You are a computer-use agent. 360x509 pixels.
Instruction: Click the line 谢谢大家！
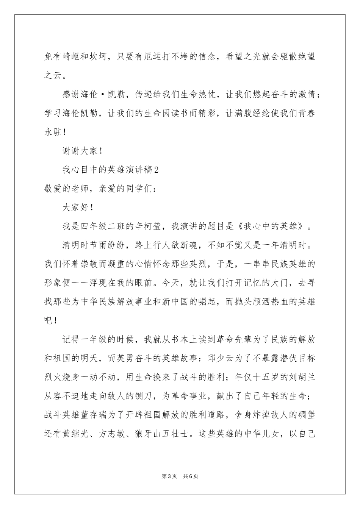coord(82,151)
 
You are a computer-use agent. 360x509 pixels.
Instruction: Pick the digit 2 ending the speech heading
coord(156,170)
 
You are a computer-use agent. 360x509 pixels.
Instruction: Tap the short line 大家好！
coord(77,207)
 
